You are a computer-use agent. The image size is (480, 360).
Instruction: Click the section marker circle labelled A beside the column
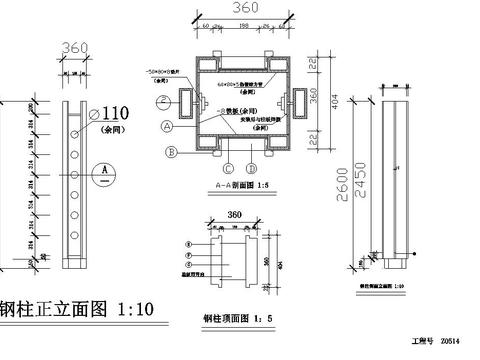click(103, 171)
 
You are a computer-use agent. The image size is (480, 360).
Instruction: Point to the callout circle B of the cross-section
click(172, 151)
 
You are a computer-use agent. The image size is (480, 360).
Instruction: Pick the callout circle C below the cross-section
click(229, 167)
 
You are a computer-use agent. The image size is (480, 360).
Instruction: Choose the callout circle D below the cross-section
click(252, 167)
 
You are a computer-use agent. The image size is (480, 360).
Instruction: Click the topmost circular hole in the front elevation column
click(76, 113)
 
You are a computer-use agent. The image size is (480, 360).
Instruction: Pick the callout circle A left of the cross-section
click(165, 126)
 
